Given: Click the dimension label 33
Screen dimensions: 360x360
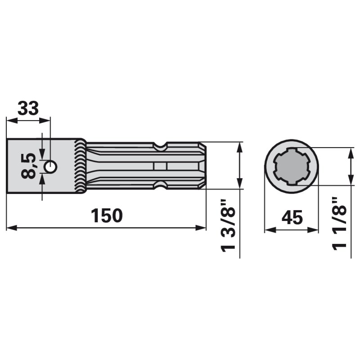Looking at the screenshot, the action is (x=28, y=108).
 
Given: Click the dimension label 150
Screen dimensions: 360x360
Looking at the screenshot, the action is (x=107, y=216).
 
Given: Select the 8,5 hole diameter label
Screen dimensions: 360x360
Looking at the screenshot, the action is (x=28, y=166).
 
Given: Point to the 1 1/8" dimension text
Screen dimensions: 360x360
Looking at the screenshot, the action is (x=339, y=223).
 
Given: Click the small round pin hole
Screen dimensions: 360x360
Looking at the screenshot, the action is (x=50, y=166).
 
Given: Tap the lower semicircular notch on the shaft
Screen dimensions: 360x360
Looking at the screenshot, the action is (x=160, y=185).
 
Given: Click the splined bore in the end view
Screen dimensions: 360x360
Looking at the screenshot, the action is (x=292, y=166).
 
